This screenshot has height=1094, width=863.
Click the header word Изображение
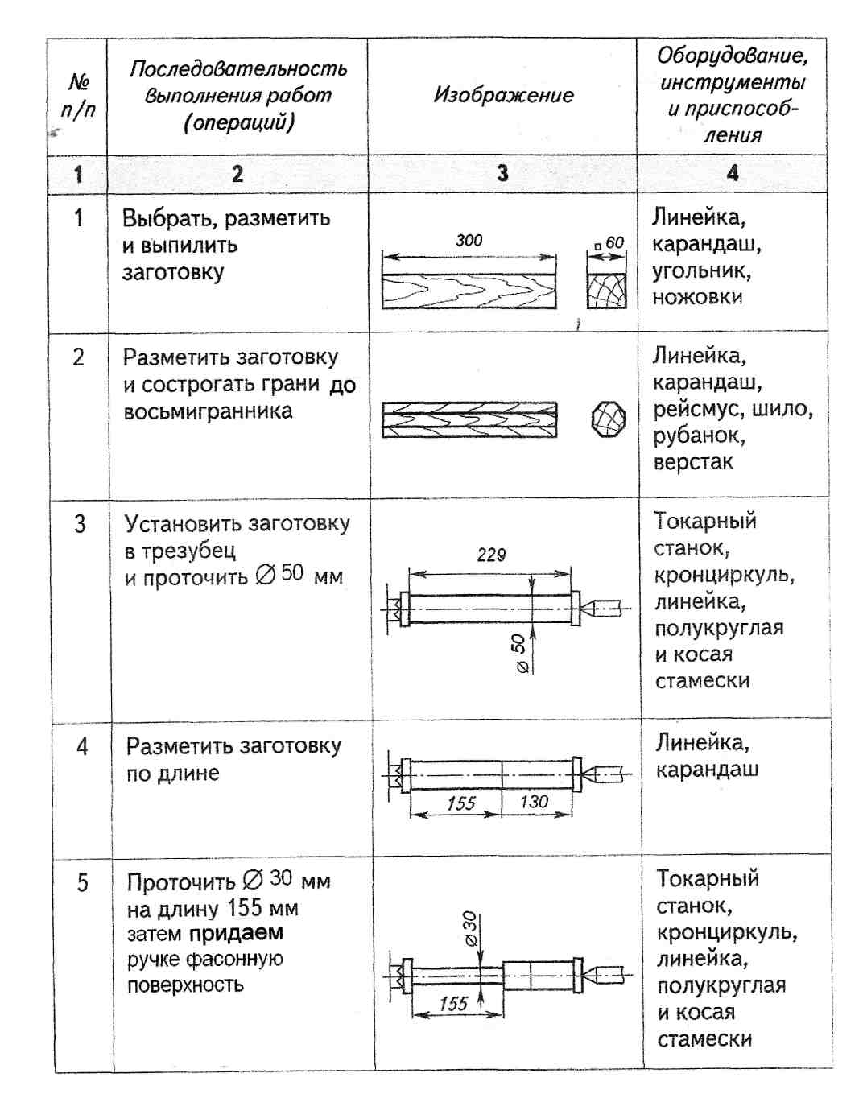(503, 95)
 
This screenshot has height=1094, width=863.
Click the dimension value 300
(469, 240)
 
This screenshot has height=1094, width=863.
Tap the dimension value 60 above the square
(614, 242)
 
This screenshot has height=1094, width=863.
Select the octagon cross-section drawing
(609, 419)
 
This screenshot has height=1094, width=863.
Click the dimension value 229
(490, 555)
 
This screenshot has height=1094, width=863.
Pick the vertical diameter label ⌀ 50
(519, 653)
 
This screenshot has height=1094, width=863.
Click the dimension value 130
(533, 801)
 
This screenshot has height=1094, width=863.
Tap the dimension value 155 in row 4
(460, 803)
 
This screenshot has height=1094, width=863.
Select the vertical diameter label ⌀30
(469, 928)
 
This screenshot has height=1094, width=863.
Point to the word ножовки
(697, 297)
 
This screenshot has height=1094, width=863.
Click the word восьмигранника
(208, 411)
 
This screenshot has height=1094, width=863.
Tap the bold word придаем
(236, 934)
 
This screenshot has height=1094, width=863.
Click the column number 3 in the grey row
(502, 173)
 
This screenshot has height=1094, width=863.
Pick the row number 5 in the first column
(82, 883)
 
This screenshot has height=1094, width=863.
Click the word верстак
(692, 463)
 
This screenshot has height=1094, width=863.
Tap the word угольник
(700, 270)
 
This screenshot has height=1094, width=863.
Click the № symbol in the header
(79, 81)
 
